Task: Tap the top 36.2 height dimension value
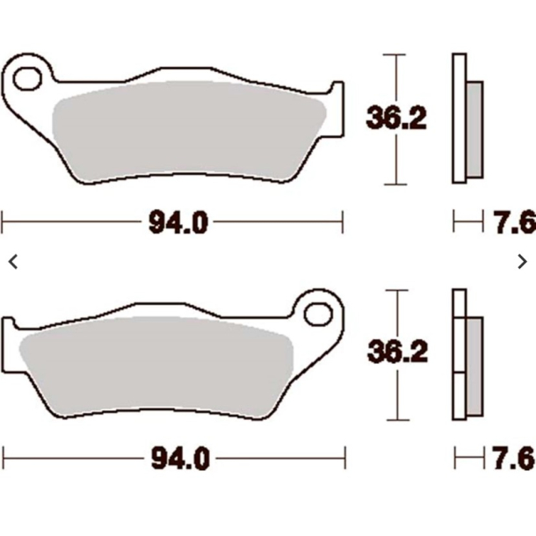point(396,118)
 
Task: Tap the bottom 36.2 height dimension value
point(396,353)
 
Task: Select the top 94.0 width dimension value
point(177,223)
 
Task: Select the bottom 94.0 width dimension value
point(177,458)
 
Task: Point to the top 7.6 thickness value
point(513,223)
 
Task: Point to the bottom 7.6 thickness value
point(513,458)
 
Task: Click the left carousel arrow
point(12,261)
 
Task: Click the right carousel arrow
point(523,261)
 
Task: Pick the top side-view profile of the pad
point(459,119)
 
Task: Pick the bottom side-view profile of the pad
point(459,354)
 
